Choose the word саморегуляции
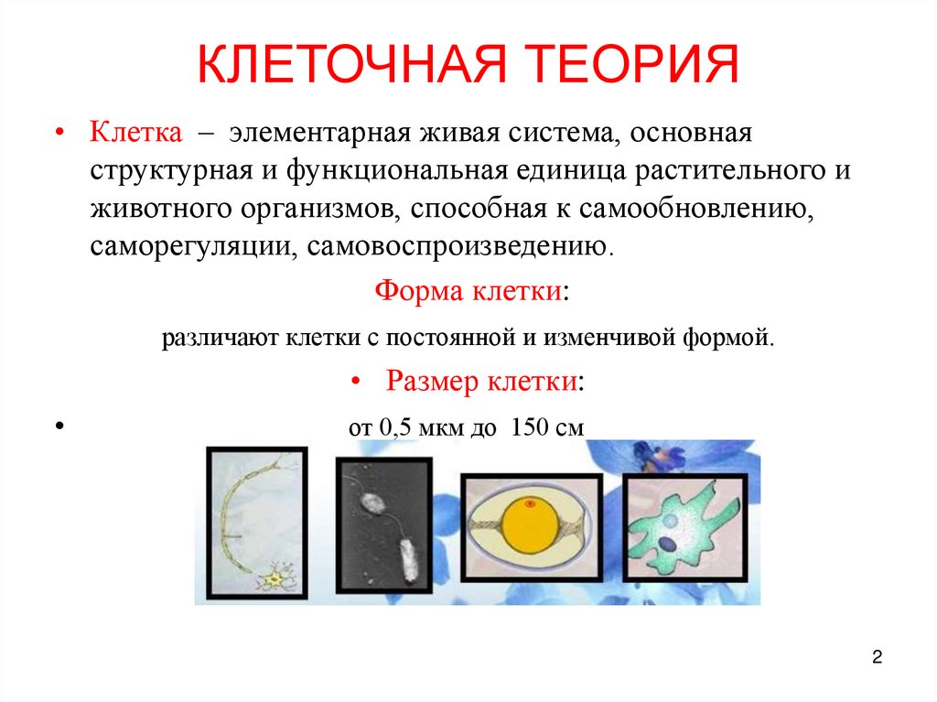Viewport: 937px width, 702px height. click(188, 247)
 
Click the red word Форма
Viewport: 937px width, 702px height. click(420, 293)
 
